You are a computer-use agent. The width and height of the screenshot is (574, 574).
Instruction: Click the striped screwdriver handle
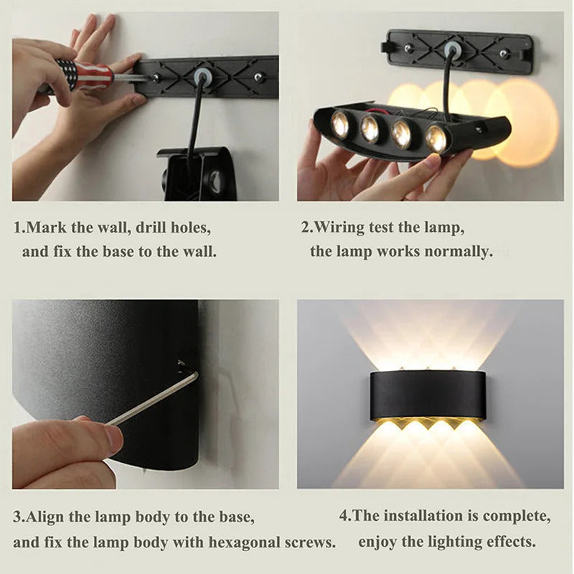point(86,74)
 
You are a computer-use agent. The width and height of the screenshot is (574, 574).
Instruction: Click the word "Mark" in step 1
point(45,228)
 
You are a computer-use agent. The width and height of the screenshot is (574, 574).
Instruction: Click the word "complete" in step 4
point(517,516)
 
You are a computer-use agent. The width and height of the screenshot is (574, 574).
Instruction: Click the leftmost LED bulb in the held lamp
point(339,124)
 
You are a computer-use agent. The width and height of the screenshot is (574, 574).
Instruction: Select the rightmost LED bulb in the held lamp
point(436,138)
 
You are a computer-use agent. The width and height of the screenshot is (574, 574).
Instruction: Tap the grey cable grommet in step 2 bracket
point(452,49)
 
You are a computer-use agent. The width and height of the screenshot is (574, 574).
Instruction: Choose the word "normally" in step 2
point(459,252)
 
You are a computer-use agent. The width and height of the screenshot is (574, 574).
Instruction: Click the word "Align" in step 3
point(45,517)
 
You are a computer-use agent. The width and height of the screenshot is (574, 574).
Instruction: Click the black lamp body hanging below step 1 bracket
point(197,174)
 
